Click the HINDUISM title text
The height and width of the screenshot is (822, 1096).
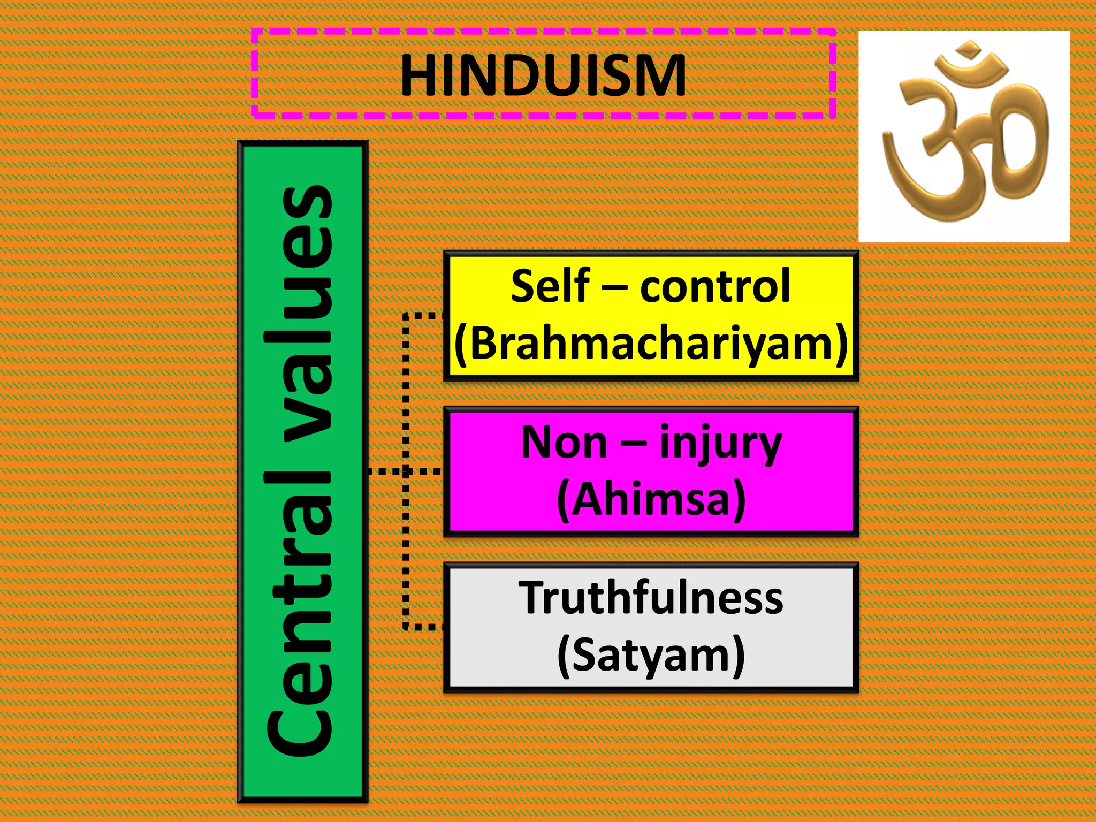(543, 75)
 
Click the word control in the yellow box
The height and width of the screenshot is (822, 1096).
(715, 287)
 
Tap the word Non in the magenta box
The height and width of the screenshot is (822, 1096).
(564, 443)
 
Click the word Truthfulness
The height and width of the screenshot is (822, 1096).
(651, 598)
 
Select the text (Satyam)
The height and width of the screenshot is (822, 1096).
(651, 655)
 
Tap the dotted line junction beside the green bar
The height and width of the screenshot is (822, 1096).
(406, 471)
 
